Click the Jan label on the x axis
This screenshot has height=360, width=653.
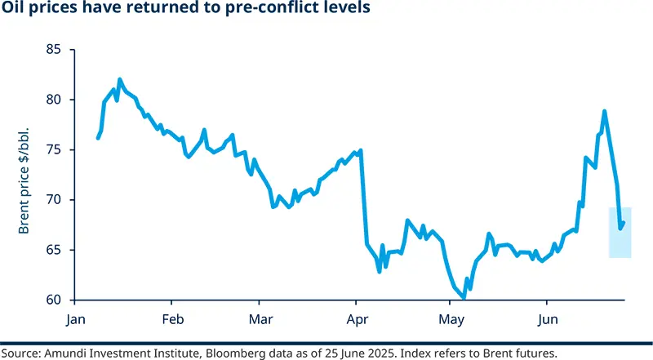click(77, 318)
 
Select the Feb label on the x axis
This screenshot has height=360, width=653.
click(171, 318)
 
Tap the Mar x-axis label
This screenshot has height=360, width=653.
click(260, 318)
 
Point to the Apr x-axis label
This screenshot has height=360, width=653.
click(356, 318)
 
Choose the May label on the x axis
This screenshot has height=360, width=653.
click(450, 318)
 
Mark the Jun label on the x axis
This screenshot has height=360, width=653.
click(547, 318)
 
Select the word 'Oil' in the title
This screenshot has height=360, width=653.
click(14, 10)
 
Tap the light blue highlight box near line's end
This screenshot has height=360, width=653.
click(620, 233)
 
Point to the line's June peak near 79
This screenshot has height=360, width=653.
click(604, 111)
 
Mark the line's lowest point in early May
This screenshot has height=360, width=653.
click(464, 298)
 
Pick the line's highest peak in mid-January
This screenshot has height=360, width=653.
click(120, 79)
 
